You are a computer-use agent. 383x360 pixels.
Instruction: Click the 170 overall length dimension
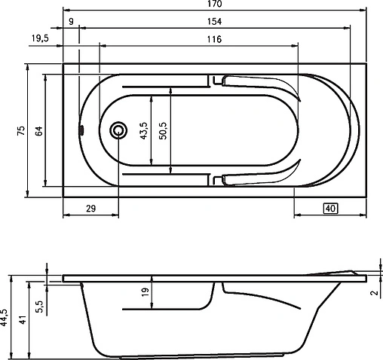216,5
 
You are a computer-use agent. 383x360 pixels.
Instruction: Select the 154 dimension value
216,23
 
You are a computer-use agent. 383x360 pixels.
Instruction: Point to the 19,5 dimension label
39,38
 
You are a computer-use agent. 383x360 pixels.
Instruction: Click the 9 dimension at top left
71,23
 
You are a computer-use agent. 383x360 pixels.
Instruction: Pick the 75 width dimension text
22,130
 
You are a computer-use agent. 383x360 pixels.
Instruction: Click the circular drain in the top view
118,130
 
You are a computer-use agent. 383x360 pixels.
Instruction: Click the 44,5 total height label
5,316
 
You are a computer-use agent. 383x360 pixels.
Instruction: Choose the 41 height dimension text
22,319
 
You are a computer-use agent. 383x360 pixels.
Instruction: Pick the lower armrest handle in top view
256,177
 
